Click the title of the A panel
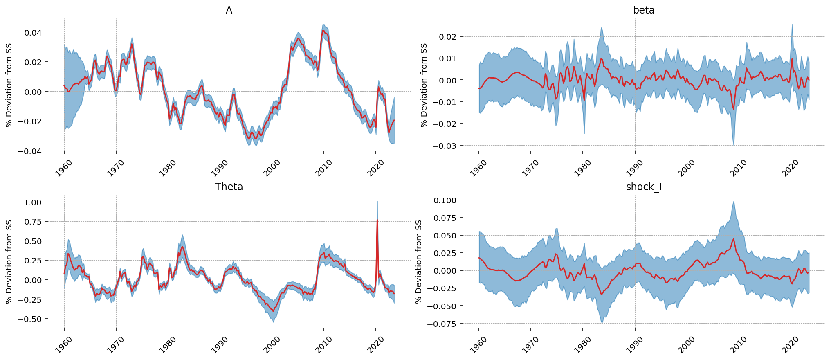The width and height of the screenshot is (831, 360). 229,10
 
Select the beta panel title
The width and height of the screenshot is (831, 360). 644,10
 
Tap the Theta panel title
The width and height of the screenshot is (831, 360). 229,187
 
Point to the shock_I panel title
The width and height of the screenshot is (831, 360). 644,187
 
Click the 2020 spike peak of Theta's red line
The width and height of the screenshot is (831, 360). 377,220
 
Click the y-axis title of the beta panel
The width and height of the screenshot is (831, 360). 424,85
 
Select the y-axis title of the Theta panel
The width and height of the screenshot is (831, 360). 9,262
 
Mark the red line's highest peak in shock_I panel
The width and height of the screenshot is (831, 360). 733,239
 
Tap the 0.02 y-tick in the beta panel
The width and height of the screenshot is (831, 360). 448,37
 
